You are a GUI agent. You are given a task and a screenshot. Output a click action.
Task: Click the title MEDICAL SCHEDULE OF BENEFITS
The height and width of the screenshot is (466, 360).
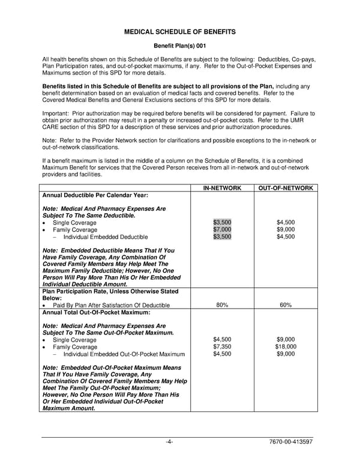tap(179, 31)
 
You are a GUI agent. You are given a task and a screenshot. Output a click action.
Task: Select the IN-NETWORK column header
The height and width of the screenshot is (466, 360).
tap(222, 188)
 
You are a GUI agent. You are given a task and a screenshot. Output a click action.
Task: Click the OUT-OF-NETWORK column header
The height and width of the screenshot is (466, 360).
tap(286, 188)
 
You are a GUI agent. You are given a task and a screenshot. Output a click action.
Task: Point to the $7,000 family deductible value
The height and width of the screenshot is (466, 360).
tap(222, 229)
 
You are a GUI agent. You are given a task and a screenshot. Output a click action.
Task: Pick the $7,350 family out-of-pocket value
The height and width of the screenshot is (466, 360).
tap(222, 346)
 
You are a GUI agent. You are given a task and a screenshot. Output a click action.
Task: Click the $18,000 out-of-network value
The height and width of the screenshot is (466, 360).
tap(286, 346)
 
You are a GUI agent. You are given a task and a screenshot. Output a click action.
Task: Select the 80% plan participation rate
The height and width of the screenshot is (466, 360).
tap(222, 305)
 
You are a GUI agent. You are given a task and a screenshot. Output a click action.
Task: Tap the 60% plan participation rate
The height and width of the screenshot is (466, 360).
tap(286, 305)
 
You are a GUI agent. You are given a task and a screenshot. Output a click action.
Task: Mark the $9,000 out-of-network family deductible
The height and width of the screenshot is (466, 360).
tap(286, 229)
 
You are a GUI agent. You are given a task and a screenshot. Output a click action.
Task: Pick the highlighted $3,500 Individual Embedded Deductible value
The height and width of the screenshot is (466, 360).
tap(222, 237)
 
